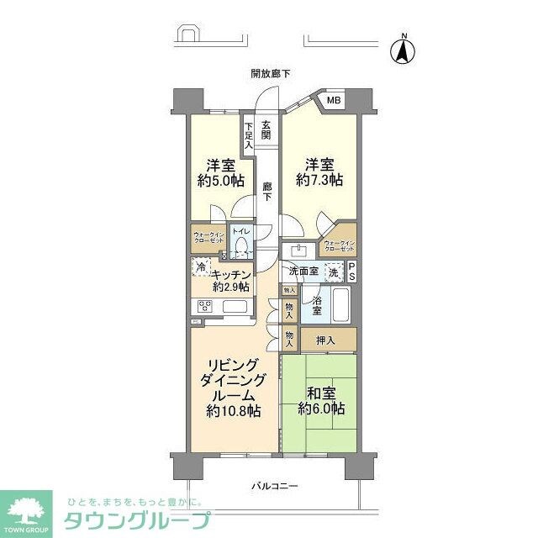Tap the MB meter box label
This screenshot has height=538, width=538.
pyautogui.click(x=334, y=102)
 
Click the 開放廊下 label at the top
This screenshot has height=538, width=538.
pyautogui.click(x=271, y=74)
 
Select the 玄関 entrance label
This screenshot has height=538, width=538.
pyautogui.click(x=266, y=130)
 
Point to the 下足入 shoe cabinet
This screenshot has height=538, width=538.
pyautogui.click(x=249, y=134)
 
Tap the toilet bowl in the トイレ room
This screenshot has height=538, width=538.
pyautogui.click(x=241, y=246)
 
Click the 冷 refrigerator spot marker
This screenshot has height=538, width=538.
pyautogui.click(x=201, y=266)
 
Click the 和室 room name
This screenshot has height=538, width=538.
pyautogui.click(x=319, y=392)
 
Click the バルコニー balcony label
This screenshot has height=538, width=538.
pyautogui.click(x=276, y=487)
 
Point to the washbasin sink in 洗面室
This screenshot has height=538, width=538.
pyautogui.click(x=298, y=250)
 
